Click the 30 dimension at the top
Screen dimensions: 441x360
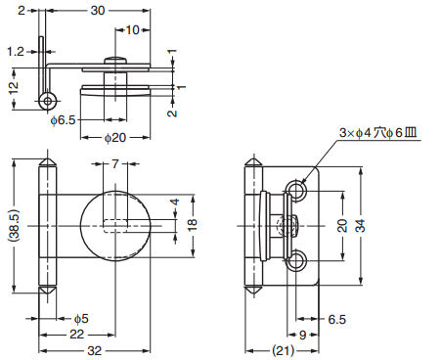click(98, 11)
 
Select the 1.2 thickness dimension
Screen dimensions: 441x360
click(16, 52)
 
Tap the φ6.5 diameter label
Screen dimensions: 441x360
click(63, 120)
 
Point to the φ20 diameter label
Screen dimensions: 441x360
click(115, 138)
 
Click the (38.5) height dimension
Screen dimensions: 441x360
click(15, 226)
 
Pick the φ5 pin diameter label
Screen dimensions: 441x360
click(81, 319)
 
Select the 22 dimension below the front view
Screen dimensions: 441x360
click(76, 335)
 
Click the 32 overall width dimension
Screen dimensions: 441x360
click(95, 351)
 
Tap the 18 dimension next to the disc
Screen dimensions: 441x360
click(193, 225)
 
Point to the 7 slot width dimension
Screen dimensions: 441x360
click(115, 163)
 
